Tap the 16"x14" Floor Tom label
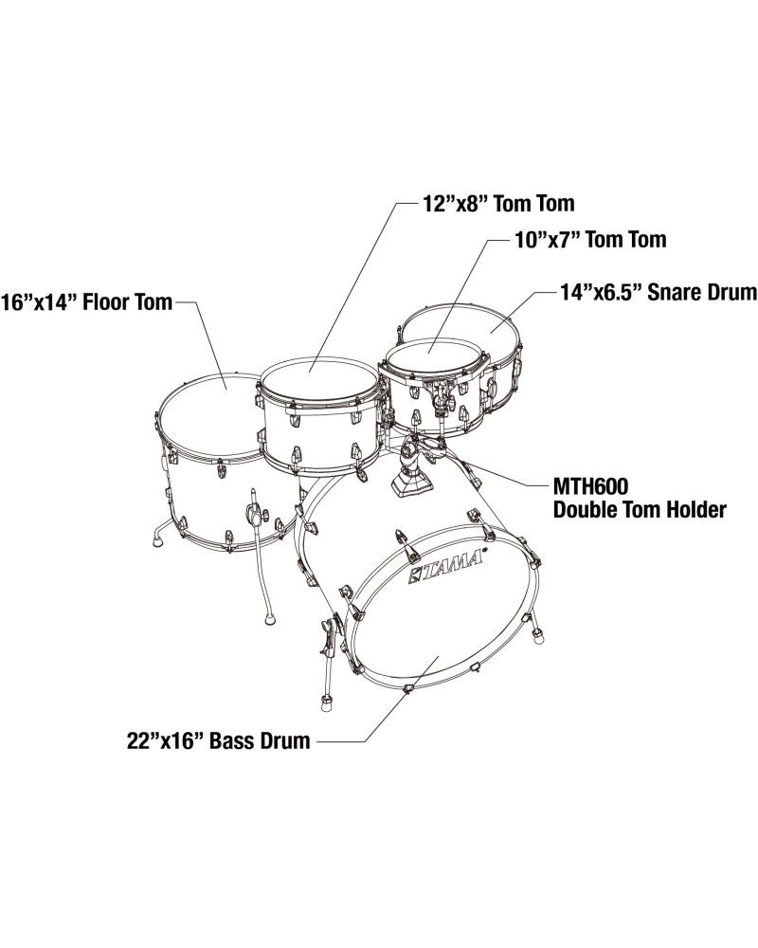pos(86,303)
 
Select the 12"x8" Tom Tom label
pos(498,204)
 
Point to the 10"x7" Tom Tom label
pos(577,240)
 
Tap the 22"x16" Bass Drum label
pos(218,740)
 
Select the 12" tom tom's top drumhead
pos(317,383)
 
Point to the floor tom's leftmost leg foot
pos(157,538)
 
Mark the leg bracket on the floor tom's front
pos(254,513)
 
